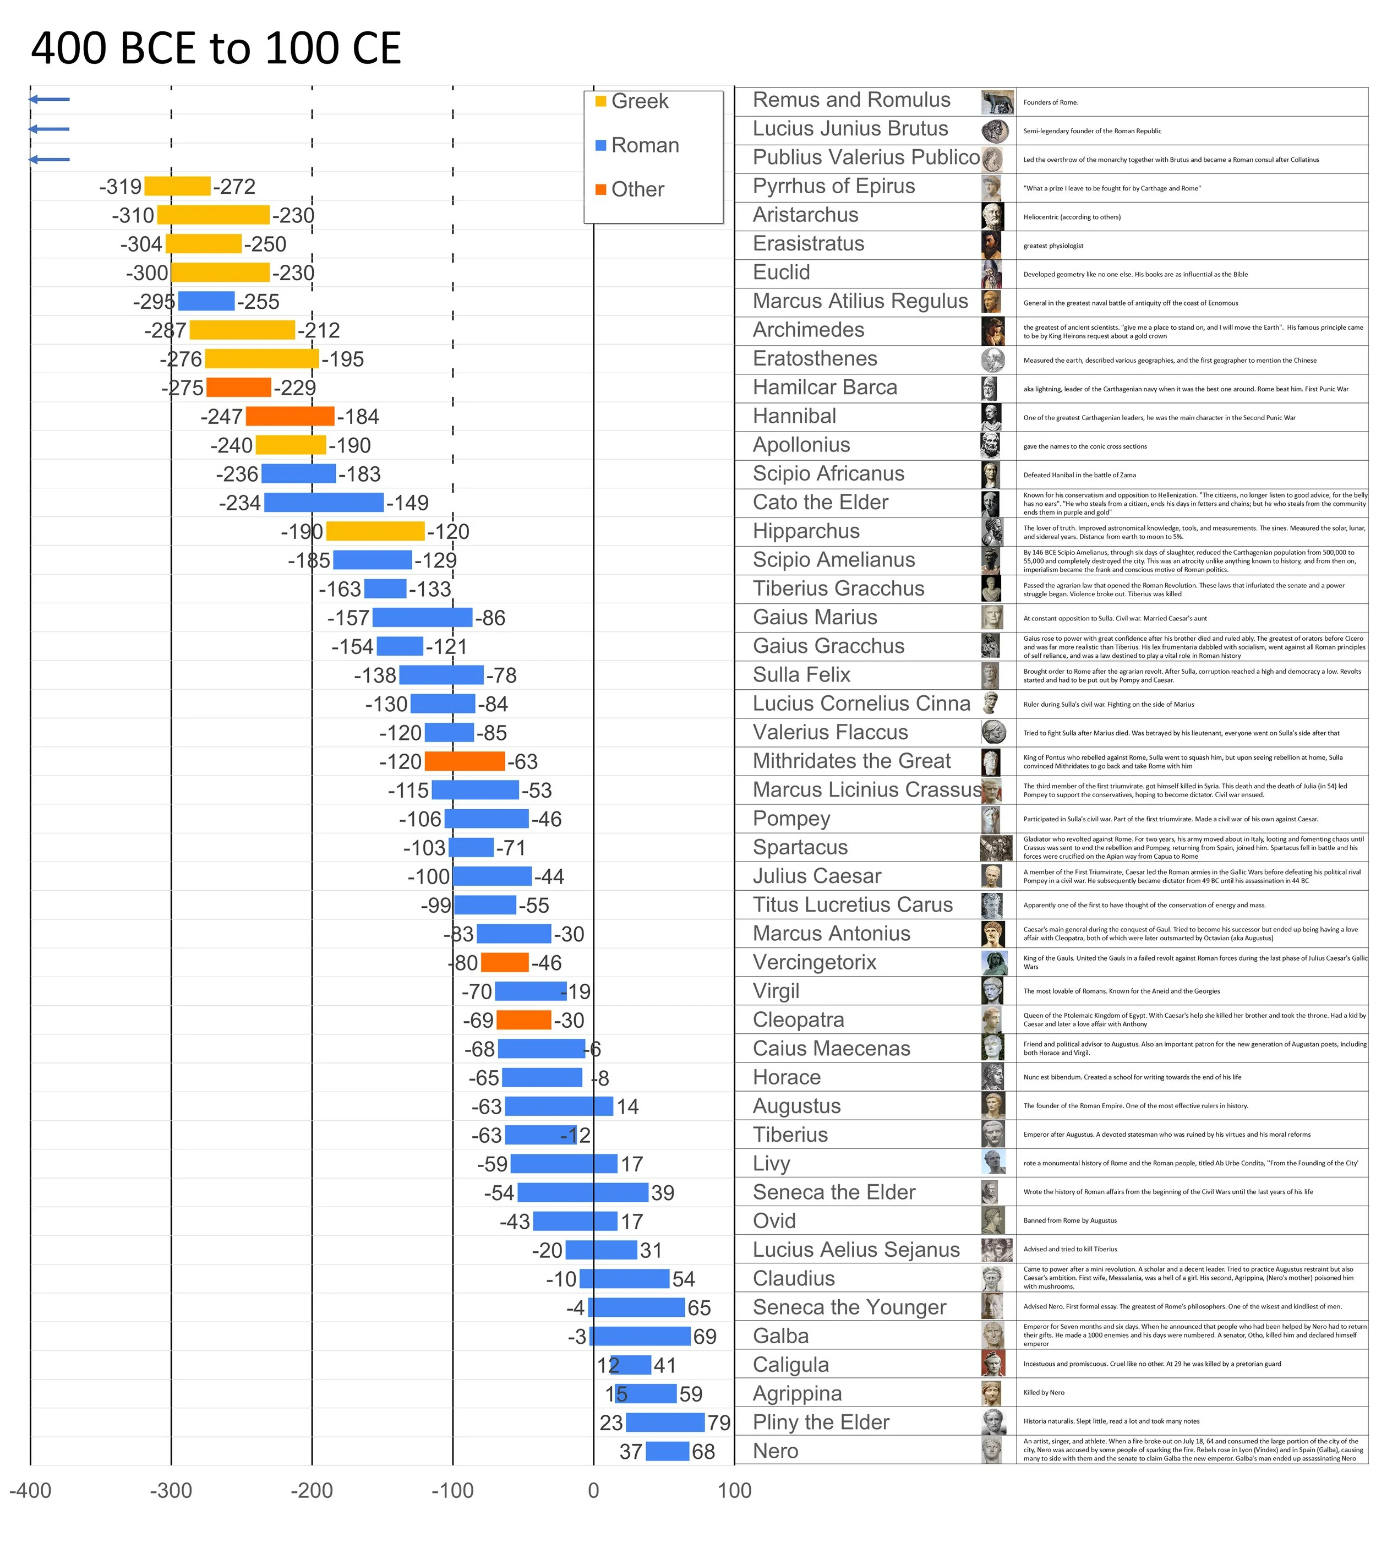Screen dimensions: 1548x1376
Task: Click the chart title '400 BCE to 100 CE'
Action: tap(216, 48)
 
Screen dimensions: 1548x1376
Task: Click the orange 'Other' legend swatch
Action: tap(600, 189)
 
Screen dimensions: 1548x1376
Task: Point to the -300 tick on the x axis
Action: tap(171, 1490)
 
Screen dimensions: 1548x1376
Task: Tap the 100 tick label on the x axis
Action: tap(734, 1490)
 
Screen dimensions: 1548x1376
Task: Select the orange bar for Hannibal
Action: tap(290, 417)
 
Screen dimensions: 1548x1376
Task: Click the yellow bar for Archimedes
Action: tap(242, 330)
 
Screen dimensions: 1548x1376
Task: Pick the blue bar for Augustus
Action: tap(559, 1107)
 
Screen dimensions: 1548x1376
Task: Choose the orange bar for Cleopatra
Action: tap(523, 1020)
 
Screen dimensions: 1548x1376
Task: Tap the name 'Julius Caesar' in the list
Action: tap(816, 876)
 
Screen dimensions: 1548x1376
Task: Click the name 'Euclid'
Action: tap(781, 272)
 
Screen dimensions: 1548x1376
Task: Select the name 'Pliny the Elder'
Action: tap(820, 1422)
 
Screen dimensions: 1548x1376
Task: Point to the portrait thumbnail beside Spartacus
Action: tap(996, 847)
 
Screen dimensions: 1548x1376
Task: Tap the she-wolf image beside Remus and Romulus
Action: tap(997, 101)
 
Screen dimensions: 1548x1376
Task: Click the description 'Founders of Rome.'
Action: tap(1050, 102)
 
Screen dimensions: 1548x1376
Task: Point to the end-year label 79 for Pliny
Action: tap(719, 1423)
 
